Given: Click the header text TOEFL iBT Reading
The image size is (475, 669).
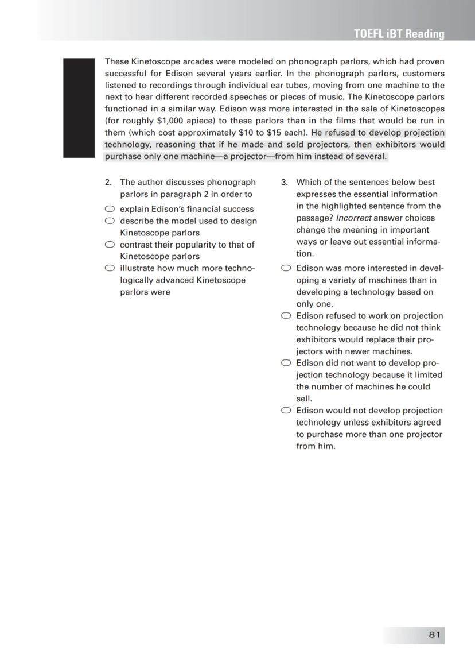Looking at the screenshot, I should (399, 34).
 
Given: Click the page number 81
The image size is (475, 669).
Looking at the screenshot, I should (434, 634).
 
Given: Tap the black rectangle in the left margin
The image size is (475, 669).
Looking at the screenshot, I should (78, 107).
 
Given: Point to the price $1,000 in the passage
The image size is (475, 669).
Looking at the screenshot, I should (170, 121).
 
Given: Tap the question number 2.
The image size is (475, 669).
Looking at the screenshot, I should (108, 183).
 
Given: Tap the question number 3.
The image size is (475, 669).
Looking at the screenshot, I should (284, 183).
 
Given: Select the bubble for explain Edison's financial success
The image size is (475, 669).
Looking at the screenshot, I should (110, 209).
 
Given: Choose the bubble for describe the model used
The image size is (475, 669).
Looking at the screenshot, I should (110, 221).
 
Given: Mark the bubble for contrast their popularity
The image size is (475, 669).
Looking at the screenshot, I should (110, 245).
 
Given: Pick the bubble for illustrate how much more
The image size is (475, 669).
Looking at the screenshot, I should (110, 268).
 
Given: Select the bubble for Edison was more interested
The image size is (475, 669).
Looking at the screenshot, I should (286, 268).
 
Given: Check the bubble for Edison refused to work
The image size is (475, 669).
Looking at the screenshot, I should (286, 316).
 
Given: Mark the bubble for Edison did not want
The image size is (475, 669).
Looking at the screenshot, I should (286, 363).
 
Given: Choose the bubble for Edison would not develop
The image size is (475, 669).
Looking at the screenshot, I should (286, 411).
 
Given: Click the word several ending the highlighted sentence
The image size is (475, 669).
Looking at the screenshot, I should (371, 156).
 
